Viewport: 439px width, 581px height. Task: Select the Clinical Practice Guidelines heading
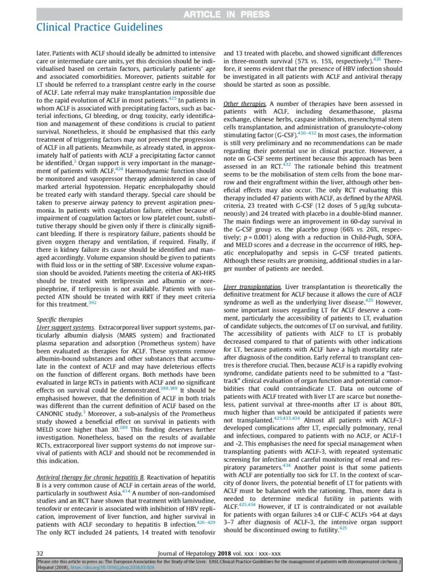pos(99,27)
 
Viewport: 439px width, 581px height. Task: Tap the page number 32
pos(40,553)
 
